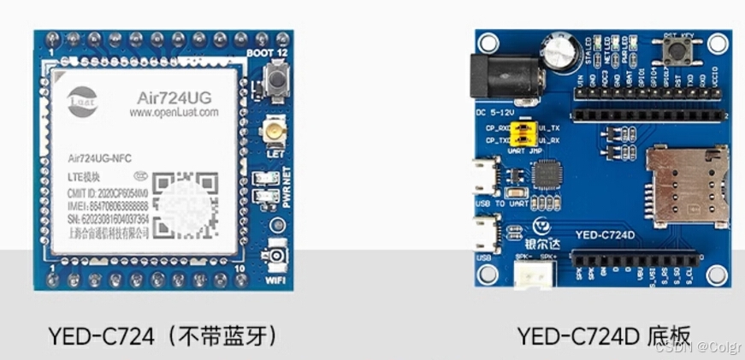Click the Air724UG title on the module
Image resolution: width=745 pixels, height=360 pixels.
174,97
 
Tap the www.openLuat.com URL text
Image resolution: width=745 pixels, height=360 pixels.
174,112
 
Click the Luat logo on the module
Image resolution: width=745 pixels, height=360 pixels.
81,97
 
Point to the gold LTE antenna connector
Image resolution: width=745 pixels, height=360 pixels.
276,131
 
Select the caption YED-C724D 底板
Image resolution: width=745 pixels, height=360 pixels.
603,336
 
